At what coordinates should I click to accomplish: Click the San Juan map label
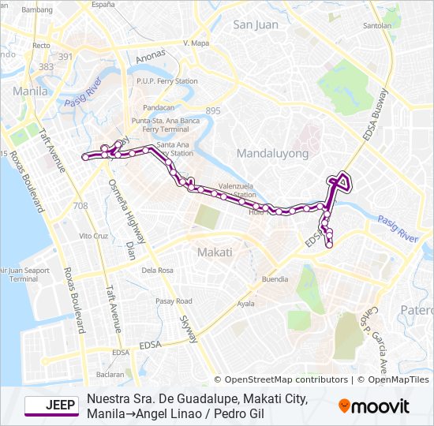point(256,24)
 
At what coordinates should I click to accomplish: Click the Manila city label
point(31,91)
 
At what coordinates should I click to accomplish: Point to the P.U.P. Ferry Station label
point(166,80)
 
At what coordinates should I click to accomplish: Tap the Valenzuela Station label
point(237,189)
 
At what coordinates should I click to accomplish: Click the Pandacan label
point(159,106)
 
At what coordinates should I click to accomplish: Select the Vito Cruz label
point(93,235)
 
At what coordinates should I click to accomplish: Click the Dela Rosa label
point(157,270)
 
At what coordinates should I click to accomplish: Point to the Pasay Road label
point(174,301)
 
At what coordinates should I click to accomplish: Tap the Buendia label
point(275,279)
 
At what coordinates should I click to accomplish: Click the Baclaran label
point(110,374)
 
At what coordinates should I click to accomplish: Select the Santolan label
point(376,25)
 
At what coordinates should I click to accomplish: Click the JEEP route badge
point(51,405)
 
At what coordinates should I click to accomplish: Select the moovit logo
point(374,406)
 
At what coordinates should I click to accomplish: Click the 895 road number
point(213,110)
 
